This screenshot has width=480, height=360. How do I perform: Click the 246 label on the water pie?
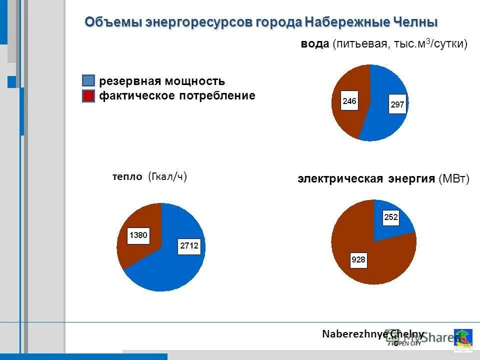tap(349, 101)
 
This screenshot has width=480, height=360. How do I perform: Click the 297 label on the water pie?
tap(397, 105)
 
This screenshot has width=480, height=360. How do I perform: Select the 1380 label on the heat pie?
tap(138, 235)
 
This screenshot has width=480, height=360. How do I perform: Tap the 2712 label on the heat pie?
tap(188, 246)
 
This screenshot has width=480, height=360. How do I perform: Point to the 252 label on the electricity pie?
tap(391, 217)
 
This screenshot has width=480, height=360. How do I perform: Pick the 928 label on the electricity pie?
tap(358, 259)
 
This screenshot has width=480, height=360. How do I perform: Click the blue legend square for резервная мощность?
tap(88, 81)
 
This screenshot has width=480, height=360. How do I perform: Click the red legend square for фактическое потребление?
tap(88, 96)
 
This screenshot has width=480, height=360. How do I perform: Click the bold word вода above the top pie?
tap(314, 44)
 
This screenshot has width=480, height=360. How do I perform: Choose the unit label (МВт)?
tap(454, 179)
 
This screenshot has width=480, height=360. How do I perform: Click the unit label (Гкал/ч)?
tap(167, 176)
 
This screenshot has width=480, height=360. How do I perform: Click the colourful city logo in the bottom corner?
tap(463, 339)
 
